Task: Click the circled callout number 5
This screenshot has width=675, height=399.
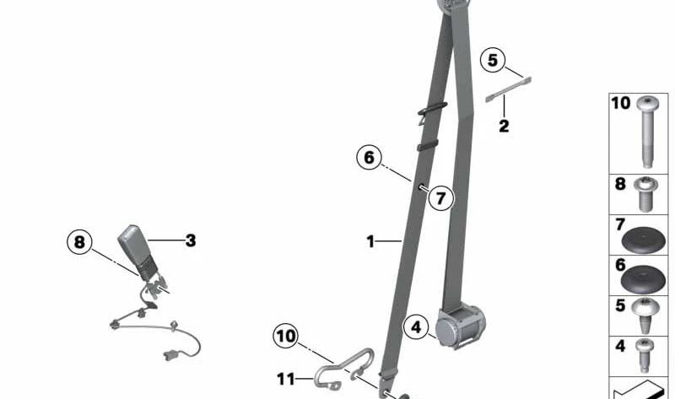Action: click(x=493, y=60)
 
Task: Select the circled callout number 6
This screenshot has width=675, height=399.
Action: click(x=369, y=158)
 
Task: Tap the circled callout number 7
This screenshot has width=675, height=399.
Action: click(x=440, y=198)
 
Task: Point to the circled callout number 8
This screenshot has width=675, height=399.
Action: click(x=79, y=242)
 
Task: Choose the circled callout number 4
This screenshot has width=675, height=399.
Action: click(x=415, y=327)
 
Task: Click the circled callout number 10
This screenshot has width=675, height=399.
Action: click(x=285, y=336)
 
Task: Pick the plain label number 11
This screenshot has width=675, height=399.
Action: click(x=286, y=380)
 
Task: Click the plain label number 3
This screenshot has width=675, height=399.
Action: click(x=191, y=240)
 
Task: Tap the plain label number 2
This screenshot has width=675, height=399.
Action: click(x=504, y=127)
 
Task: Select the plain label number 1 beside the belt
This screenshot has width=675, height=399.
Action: click(x=370, y=241)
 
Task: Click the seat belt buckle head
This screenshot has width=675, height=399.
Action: click(x=136, y=249)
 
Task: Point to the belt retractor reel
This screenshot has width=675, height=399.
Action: click(x=460, y=326)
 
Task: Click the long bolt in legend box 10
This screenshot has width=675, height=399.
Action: click(x=647, y=132)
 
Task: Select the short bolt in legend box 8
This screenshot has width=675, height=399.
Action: click(x=645, y=194)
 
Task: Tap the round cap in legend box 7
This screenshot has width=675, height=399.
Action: click(x=644, y=240)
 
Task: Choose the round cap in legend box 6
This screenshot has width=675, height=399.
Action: click(x=643, y=281)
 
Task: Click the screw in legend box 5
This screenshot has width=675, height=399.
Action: click(x=645, y=316)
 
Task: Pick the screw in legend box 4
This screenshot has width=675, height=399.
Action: click(x=645, y=355)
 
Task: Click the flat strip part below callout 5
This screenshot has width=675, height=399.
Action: click(x=509, y=89)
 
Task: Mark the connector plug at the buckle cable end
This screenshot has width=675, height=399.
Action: click(x=170, y=354)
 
